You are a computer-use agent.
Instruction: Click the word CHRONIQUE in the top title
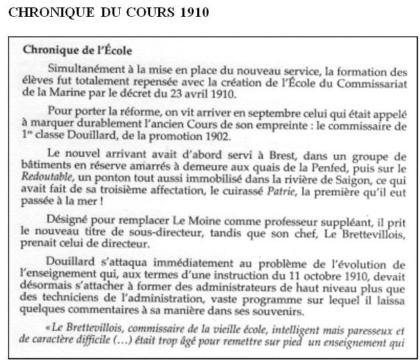(39, 12)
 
